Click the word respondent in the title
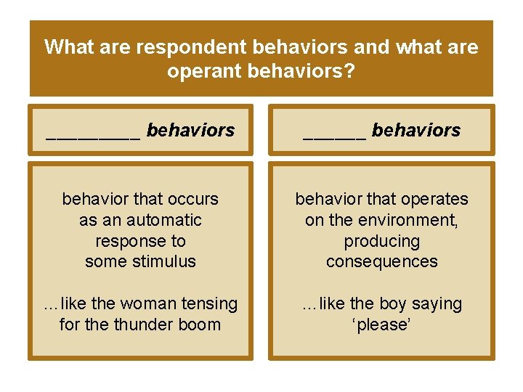[x=181, y=47]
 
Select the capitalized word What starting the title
[x=69, y=47]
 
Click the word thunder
[x=142, y=324]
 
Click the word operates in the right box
[x=433, y=199]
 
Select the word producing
[x=382, y=241]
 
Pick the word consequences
[x=382, y=261]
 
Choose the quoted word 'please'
[x=382, y=324]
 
